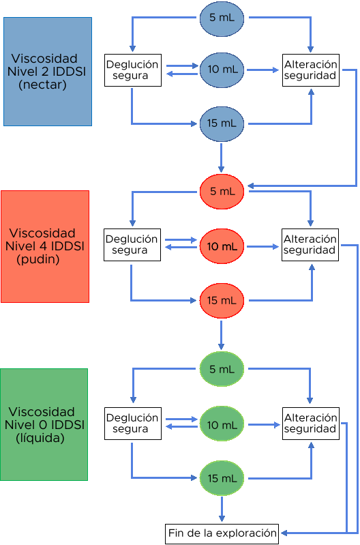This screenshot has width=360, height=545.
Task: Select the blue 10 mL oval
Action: [x=222, y=70]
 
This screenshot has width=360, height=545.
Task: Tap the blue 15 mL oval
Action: [x=222, y=124]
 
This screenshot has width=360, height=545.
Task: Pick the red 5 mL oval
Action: [x=222, y=192]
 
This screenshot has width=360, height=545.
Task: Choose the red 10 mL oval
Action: [x=222, y=246]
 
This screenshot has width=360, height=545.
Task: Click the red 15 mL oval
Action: [x=222, y=301]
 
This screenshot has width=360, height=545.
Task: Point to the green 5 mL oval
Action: [x=222, y=369]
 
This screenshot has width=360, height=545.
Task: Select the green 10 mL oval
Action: [x=222, y=424]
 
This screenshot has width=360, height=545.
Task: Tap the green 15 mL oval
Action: [x=222, y=478]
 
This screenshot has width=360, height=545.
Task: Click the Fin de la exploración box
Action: [x=222, y=534]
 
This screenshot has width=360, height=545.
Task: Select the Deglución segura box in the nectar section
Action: [x=133, y=70]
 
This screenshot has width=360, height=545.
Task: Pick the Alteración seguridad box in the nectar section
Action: [x=311, y=70]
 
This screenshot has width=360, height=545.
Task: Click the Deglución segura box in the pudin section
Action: [x=132, y=245]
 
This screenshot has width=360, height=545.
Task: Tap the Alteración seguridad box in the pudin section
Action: [x=310, y=245]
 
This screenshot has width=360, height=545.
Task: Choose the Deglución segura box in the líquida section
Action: [x=133, y=424]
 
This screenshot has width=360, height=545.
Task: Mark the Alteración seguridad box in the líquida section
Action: [x=311, y=424]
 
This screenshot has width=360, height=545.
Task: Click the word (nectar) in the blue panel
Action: [x=42, y=85]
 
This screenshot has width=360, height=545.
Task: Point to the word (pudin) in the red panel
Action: [x=38, y=259]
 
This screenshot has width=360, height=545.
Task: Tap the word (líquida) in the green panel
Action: [x=40, y=438]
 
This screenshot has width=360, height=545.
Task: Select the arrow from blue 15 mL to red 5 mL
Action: [x=221, y=158]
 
